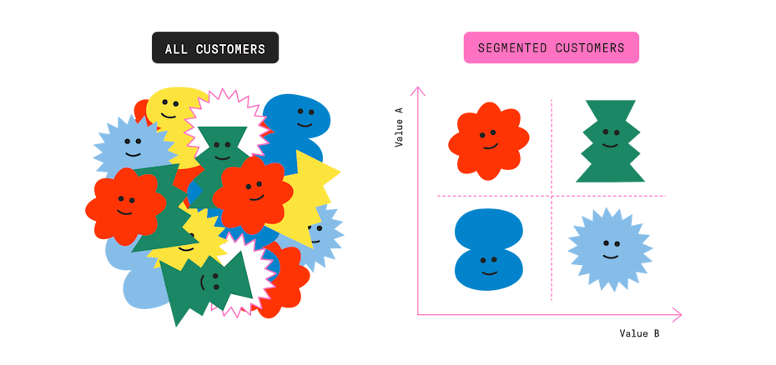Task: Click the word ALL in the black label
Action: pos(176,49)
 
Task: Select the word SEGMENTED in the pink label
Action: pos(509,48)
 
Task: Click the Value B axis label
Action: pos(640,333)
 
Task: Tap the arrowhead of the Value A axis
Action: pos(418,89)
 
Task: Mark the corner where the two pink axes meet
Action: pos(418,315)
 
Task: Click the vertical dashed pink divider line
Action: pos(552,250)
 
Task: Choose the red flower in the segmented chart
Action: pos(488,140)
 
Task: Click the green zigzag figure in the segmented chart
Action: pos(611,142)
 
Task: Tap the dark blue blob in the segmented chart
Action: pos(489,249)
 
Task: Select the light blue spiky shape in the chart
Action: pos(611,249)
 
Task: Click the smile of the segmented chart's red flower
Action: pos(489,146)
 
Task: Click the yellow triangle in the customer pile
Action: pos(312,192)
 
